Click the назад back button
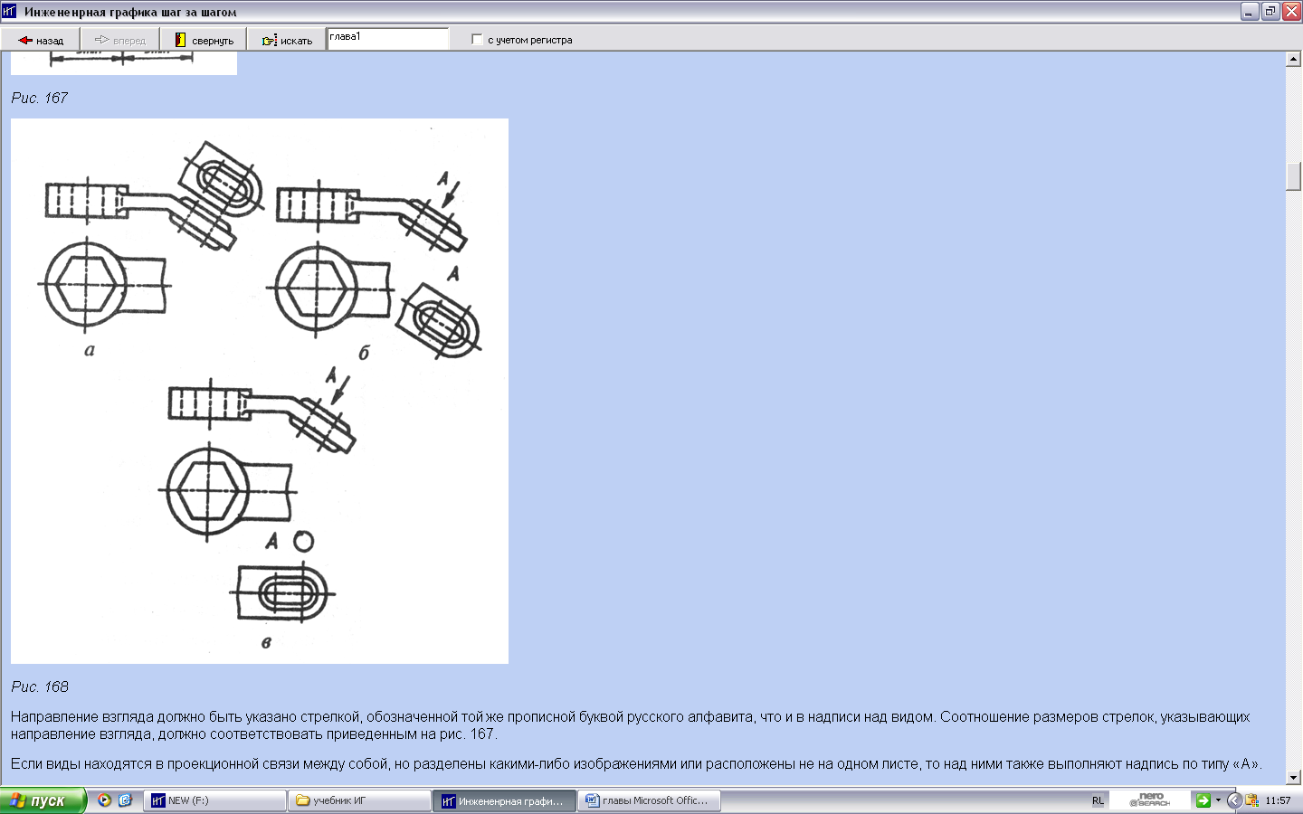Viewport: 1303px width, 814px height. click(x=41, y=40)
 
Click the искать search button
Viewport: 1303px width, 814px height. click(x=287, y=40)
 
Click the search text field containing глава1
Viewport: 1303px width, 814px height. click(x=387, y=38)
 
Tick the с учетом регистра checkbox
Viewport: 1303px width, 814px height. click(x=477, y=40)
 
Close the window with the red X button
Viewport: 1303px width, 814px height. click(x=1291, y=11)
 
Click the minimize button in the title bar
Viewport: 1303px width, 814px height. click(x=1250, y=11)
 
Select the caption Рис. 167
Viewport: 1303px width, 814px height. click(x=40, y=98)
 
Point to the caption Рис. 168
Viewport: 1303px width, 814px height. click(x=40, y=686)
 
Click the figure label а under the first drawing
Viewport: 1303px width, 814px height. click(x=90, y=350)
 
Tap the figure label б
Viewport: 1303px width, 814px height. click(x=364, y=353)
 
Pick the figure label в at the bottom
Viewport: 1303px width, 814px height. click(x=266, y=642)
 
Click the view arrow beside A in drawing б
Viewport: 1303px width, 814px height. click(x=452, y=194)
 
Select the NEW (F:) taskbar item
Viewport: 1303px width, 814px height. click(x=215, y=800)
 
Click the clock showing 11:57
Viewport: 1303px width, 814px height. click(x=1278, y=800)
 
